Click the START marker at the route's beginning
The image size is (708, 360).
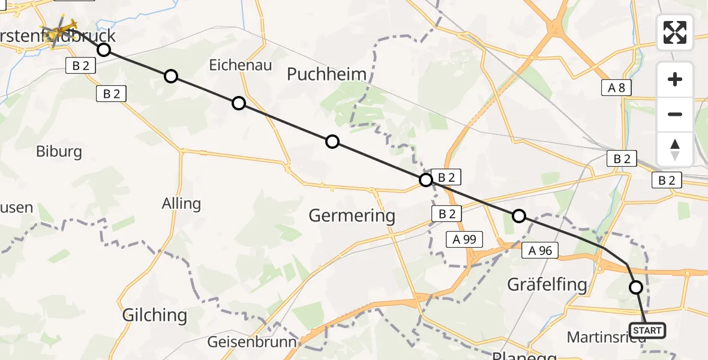[x=647, y=330]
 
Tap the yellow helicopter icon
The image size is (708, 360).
[x=59, y=31]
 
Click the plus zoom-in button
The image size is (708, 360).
[x=675, y=80]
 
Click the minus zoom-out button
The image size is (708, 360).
[x=675, y=114]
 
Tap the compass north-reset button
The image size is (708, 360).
[x=675, y=149]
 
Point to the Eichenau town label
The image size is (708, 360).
[x=240, y=65]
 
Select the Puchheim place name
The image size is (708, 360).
[x=326, y=74]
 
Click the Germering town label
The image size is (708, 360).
[x=352, y=215]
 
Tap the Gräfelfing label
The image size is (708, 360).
[x=547, y=284]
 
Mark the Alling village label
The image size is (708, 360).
[x=181, y=203]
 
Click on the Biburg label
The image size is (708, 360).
[x=59, y=151]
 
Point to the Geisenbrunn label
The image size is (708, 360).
[x=251, y=343]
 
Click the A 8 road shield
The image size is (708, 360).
[x=616, y=88]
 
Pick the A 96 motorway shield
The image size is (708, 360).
[x=540, y=251]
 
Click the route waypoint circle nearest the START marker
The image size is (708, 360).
[x=636, y=287]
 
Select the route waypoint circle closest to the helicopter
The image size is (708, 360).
[x=104, y=49]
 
